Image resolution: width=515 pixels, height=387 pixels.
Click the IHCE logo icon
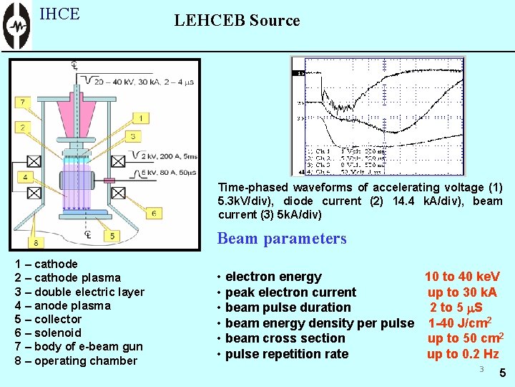16,26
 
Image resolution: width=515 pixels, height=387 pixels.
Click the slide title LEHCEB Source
237,21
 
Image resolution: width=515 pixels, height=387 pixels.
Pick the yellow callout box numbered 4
26,176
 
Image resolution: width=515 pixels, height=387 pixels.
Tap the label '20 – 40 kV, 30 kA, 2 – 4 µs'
139,80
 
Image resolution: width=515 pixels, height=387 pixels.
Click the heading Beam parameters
282,239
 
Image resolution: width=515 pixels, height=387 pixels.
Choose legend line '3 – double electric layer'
79,292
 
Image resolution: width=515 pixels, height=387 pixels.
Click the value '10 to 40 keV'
462,277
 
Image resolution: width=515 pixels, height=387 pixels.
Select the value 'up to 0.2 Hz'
463,354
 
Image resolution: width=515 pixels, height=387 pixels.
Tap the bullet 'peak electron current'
290,292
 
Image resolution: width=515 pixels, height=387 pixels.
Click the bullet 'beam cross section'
285,338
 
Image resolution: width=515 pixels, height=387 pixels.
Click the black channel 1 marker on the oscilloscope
300,73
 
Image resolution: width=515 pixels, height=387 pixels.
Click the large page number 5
502,373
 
